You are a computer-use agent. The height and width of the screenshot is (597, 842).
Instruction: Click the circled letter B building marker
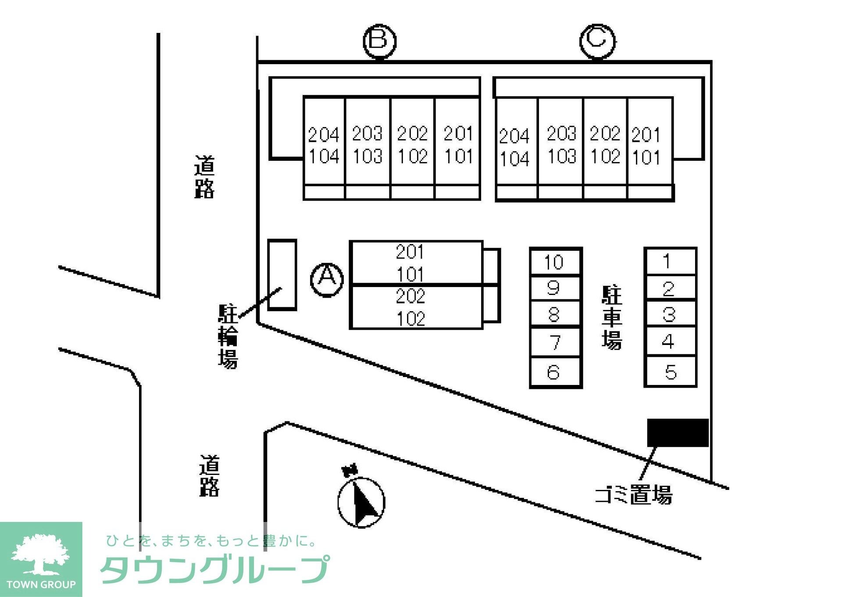coord(379,41)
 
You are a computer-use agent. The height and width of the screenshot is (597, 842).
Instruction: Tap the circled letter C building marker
coord(597,41)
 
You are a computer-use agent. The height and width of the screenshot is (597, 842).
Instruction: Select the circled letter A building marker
coord(327,279)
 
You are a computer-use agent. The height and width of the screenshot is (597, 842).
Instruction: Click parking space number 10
coord(555,262)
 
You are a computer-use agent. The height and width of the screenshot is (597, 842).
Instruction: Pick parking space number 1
coord(670,261)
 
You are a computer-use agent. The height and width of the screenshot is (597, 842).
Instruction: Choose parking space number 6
coord(555,372)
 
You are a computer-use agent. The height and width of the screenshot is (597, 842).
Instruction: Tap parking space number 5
coord(670,372)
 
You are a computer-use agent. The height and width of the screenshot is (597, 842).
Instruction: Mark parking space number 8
coord(555,314)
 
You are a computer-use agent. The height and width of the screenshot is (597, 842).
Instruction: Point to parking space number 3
coord(670,314)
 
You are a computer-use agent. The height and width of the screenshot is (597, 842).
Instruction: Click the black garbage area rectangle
coord(678,432)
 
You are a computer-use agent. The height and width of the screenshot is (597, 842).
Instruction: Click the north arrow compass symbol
coord(361,501)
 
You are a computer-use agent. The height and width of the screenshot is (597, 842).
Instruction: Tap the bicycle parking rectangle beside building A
coord(282,275)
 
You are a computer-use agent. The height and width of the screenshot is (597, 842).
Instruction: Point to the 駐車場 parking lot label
coord(612,317)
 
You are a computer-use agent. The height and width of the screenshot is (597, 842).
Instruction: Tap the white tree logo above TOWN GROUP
coord(40,554)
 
